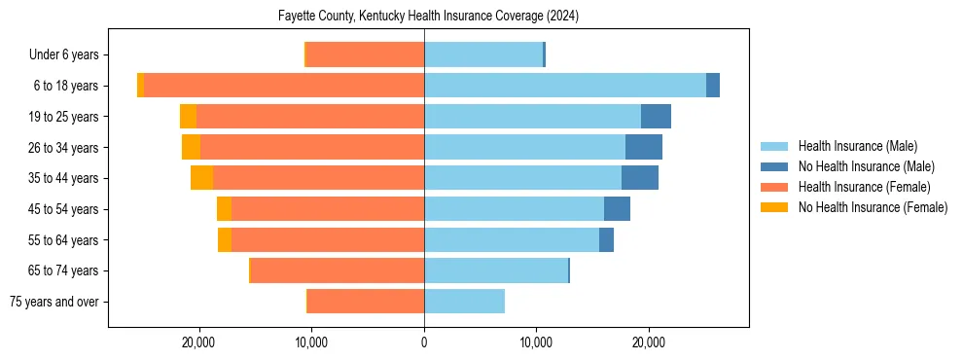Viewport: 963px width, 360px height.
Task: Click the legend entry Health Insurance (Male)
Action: pos(856,146)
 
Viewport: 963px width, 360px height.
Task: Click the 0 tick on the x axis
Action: pos(424,342)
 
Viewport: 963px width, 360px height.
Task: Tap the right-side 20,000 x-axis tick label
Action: pos(649,342)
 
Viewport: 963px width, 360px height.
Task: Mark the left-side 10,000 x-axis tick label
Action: pos(311,342)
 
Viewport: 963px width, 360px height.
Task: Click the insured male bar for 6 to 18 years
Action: pos(564,86)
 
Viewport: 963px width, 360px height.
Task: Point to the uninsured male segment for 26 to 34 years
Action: pos(643,147)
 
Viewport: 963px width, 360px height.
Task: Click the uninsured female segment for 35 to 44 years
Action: pos(201,178)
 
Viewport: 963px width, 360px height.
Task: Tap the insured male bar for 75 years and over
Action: pos(464,302)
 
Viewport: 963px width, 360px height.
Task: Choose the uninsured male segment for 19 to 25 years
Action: pos(656,117)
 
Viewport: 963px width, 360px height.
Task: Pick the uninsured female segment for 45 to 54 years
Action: pos(224,209)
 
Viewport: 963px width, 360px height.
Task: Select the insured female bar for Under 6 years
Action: pos(365,54)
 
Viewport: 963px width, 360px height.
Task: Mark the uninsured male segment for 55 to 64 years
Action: pos(606,239)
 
